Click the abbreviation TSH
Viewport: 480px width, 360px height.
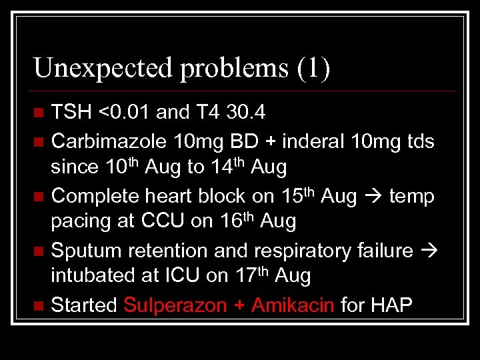click(72, 113)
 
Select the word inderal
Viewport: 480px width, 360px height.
click(311, 141)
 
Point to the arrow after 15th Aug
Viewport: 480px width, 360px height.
click(372, 197)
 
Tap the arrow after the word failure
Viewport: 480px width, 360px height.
click(429, 251)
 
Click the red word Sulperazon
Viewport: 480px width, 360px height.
click(170, 306)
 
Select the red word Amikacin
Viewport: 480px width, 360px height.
click(292, 305)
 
